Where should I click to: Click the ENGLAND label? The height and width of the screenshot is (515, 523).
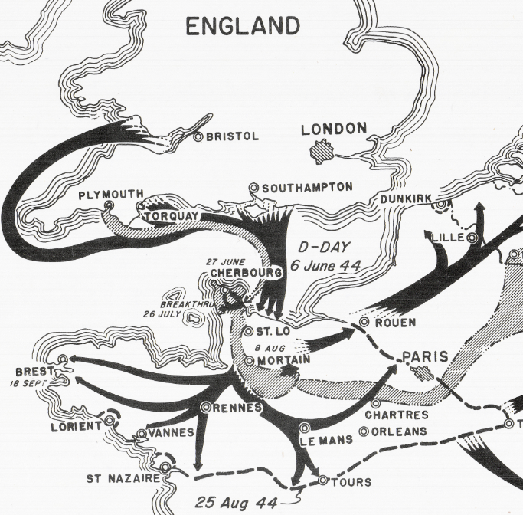click(243, 27)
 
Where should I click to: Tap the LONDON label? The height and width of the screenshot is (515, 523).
click(334, 129)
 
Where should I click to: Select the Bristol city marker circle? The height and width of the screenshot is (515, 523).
click(198, 136)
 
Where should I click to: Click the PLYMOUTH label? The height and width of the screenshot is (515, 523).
click(111, 196)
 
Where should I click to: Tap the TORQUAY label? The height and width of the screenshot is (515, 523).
click(173, 216)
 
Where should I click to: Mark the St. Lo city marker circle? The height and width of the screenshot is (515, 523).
click(248, 331)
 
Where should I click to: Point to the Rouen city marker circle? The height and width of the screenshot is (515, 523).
click(364, 322)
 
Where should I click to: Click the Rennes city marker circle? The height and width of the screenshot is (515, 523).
click(206, 407)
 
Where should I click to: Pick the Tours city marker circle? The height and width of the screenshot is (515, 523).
click(322, 481)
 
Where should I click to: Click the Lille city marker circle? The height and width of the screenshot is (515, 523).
click(472, 238)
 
